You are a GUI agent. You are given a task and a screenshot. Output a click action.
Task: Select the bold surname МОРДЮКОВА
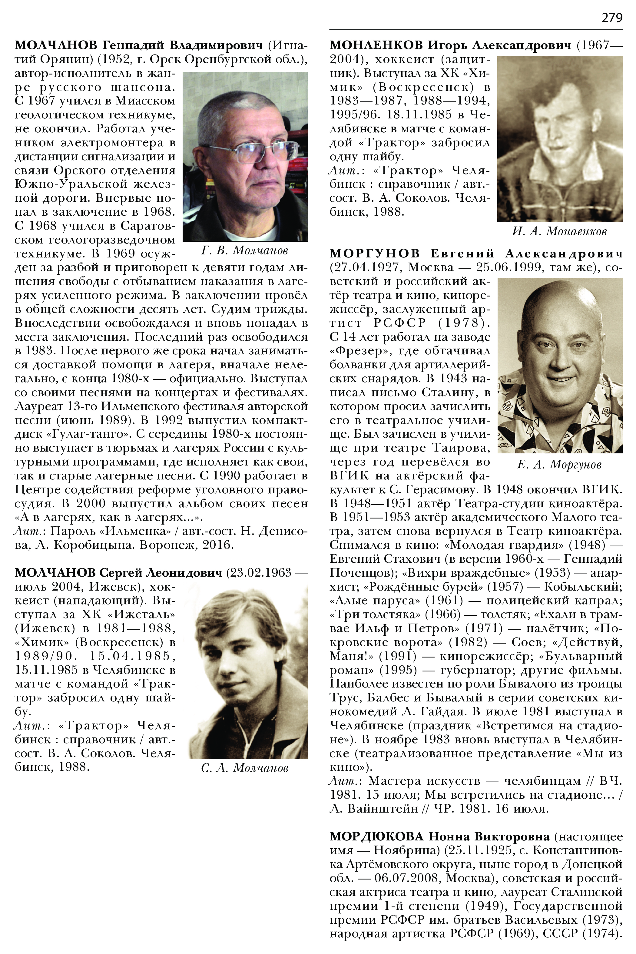pyautogui.click(x=376, y=836)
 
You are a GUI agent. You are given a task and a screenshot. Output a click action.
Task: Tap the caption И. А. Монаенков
pyautogui.click(x=559, y=232)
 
